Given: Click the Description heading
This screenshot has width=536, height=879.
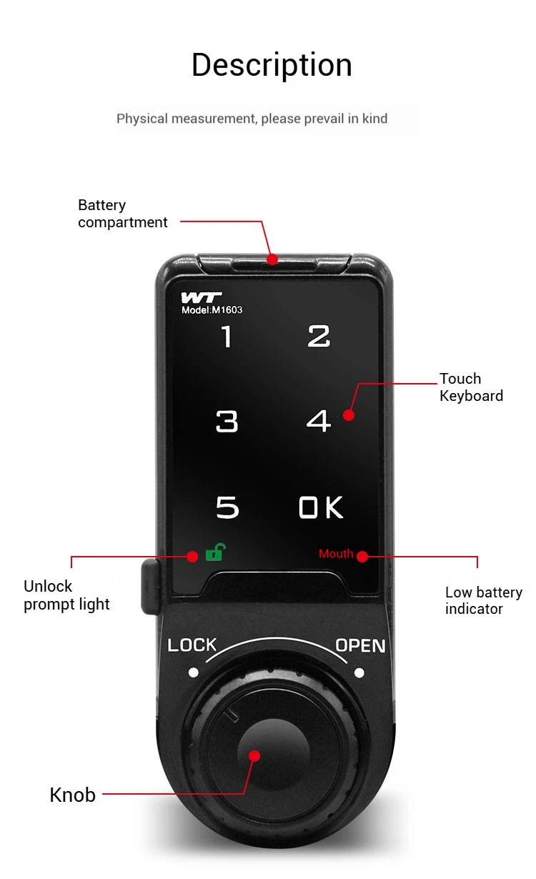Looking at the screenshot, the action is pos(272,66).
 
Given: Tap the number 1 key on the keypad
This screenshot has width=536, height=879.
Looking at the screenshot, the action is pos(227,336).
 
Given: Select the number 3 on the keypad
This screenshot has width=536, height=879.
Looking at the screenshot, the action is pos(227,422).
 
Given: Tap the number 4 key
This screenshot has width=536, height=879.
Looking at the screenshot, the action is pos(318,422).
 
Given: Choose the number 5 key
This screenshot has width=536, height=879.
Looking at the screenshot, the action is pos(227,507).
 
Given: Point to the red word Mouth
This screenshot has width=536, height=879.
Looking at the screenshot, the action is pos(336,554).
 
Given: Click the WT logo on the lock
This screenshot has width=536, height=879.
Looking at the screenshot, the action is pos(201,297).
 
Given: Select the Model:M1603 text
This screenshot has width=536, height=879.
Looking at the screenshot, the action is pos(212,310).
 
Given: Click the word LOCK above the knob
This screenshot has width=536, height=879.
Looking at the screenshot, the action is pos(192,645).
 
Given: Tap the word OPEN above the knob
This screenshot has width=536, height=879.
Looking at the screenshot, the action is pos(360,646).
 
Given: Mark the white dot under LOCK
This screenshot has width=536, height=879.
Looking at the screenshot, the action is pos(193,672).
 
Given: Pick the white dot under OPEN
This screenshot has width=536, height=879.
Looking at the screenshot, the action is pos(359,672).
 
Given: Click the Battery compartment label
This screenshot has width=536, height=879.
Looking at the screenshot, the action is pos(122,214).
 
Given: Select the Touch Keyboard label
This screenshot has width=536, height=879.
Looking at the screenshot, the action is pos(471,387).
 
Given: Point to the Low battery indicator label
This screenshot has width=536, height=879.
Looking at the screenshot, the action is pos(483,600).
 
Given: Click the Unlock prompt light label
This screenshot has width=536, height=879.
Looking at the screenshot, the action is pos(66,595).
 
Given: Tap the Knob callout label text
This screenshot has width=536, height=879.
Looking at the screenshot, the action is pos(72,795).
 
